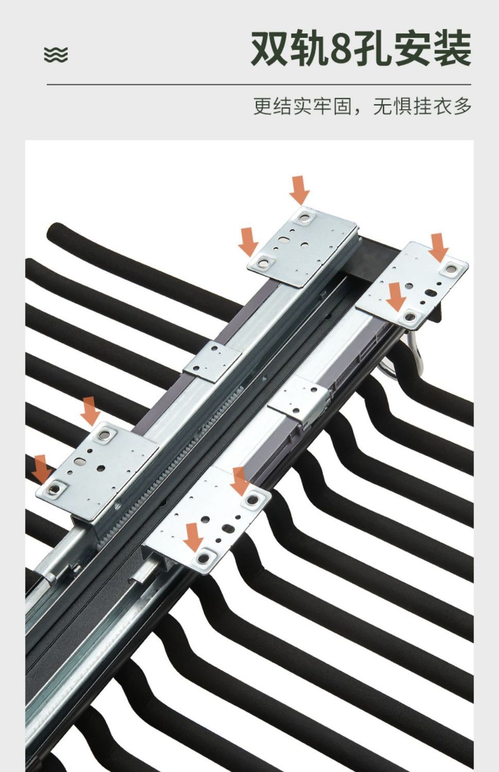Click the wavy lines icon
coord(56,55)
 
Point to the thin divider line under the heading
coord(259,84)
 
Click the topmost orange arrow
coord(299,190)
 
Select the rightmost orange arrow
coord(438,248)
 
